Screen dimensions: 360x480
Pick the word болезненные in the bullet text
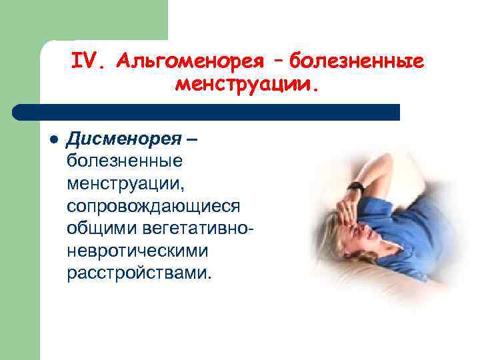click(125, 161)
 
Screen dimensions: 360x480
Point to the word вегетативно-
click(198, 228)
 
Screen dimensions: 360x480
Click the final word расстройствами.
click(137, 273)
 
